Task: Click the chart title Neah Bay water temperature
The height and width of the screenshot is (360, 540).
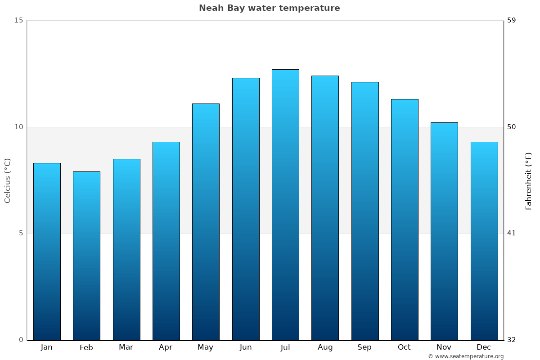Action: pos(270,8)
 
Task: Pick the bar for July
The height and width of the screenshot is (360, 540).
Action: pos(285,204)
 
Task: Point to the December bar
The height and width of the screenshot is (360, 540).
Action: pos(484,241)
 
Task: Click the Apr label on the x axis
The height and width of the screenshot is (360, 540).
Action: pos(166,347)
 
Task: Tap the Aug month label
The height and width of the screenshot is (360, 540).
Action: pos(325,347)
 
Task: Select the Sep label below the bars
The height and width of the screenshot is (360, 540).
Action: pos(364,347)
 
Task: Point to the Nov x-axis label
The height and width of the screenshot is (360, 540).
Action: pos(444,347)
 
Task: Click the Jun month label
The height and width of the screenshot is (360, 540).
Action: pos(246,347)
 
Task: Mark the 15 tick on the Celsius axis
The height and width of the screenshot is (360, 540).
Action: pos(18,20)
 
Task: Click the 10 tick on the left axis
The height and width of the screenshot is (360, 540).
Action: pos(18,127)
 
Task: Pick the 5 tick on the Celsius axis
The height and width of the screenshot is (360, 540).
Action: pos(20,233)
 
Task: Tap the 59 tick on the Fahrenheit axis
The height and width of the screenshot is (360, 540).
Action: pos(512,20)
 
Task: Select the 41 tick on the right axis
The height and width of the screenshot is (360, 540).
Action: pos(512,233)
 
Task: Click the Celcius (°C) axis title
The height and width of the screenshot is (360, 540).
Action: pos(8,180)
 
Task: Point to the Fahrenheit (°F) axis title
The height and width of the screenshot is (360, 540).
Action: pos(529,180)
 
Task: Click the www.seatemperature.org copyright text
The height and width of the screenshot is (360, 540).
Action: pos(466,356)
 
